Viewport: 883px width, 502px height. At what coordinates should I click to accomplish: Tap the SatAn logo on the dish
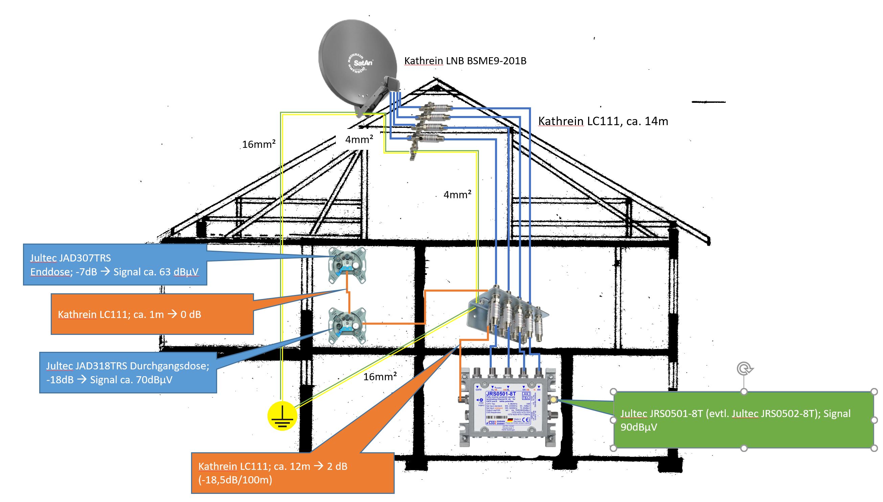click(363, 63)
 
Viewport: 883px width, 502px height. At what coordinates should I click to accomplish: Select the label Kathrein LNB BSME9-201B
click(465, 61)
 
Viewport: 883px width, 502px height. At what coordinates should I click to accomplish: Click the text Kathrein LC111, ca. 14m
click(603, 121)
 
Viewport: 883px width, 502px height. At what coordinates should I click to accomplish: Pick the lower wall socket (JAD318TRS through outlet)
click(347, 326)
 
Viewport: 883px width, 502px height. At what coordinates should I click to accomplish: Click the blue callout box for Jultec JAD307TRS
click(115, 265)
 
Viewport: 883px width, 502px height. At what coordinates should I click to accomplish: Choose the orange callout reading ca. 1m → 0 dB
click(152, 314)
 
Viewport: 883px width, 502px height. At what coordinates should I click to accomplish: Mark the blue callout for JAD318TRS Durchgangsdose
click(128, 373)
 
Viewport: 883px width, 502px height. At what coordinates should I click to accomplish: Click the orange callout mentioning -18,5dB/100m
click(292, 473)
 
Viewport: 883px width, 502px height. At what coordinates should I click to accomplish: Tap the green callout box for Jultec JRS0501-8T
click(743, 420)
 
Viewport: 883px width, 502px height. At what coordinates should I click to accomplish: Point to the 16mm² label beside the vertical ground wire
click(258, 144)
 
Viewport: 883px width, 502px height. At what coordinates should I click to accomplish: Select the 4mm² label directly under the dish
click(359, 140)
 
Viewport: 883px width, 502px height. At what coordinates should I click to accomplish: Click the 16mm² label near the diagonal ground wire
click(380, 376)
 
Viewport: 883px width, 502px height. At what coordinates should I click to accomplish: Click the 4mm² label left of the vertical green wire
click(457, 195)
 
